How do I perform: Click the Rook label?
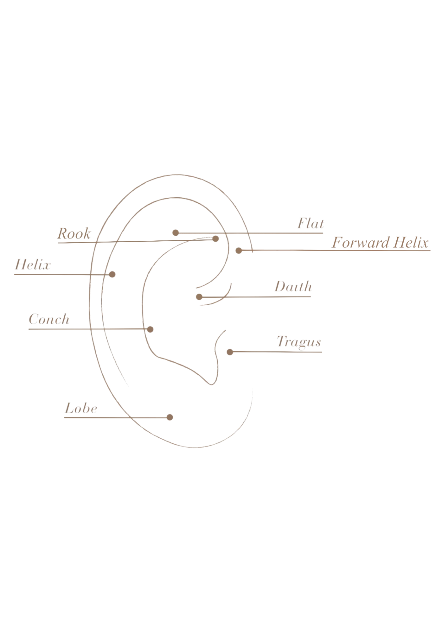tap(74, 234)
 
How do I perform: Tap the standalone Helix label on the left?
tap(33, 265)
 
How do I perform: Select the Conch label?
tap(49, 319)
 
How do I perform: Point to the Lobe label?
tap(80, 409)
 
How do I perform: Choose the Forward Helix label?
tap(380, 243)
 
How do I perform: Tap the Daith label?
tap(293, 287)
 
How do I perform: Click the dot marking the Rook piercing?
tap(215, 238)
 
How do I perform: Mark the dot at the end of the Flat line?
tap(176, 233)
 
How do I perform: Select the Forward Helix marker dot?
tap(239, 251)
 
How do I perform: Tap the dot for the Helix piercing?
tap(112, 274)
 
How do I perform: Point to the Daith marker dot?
tap(199, 297)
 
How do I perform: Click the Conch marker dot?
tap(151, 329)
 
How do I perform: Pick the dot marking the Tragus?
tap(230, 352)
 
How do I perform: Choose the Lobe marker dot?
tap(170, 417)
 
